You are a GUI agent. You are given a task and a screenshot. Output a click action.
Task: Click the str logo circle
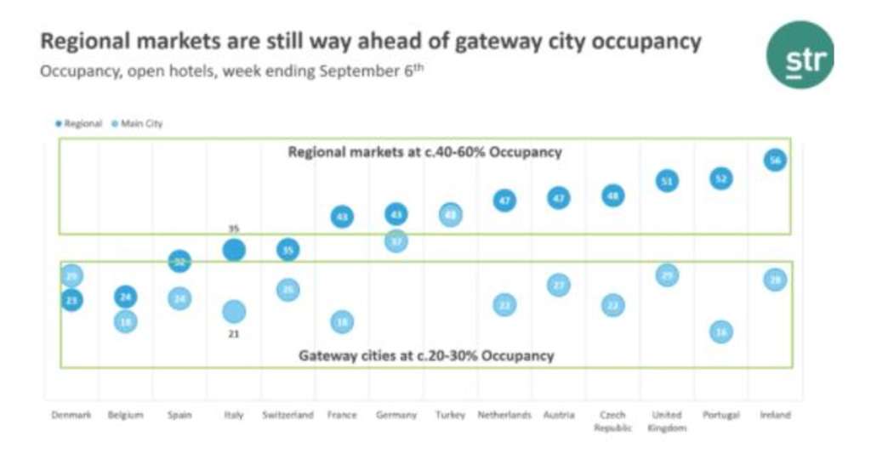click(799, 54)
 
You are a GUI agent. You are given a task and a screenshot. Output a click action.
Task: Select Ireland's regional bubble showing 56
click(774, 160)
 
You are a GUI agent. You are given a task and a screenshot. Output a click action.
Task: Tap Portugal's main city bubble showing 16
click(720, 331)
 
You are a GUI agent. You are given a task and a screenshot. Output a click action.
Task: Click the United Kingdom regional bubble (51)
click(668, 180)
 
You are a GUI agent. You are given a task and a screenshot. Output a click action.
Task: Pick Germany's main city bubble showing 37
click(396, 241)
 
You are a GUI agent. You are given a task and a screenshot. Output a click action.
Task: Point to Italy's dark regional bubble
click(234, 250)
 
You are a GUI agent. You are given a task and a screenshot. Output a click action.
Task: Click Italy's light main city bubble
click(234, 312)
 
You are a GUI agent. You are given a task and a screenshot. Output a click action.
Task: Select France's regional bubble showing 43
click(342, 218)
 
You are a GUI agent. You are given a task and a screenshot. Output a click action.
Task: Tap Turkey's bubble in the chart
click(451, 214)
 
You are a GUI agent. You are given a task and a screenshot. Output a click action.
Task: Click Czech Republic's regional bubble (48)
click(612, 196)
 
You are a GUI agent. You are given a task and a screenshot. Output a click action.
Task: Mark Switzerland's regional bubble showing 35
click(288, 250)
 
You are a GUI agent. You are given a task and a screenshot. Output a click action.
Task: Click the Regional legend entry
click(79, 124)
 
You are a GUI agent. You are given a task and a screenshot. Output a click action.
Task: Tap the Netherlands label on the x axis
click(504, 415)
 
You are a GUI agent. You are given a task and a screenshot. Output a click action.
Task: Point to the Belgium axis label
click(125, 415)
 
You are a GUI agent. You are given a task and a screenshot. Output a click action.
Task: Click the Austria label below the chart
click(559, 415)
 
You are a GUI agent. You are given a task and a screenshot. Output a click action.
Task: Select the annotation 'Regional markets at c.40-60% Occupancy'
click(425, 153)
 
